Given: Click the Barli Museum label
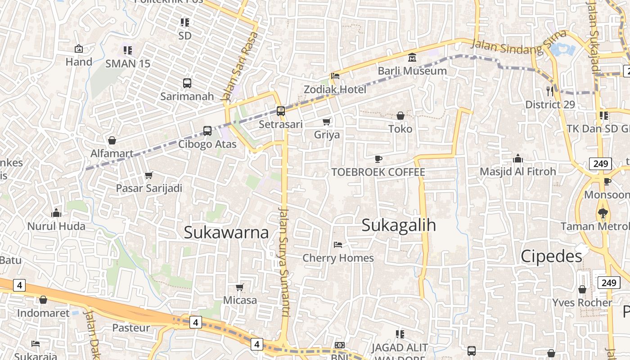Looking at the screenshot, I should [x=412, y=71].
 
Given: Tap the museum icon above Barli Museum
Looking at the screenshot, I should [x=412, y=58].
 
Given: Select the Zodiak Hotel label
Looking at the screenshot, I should [x=335, y=89].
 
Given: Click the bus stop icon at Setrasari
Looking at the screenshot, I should [x=281, y=111].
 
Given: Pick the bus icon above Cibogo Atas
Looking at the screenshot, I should [x=207, y=131].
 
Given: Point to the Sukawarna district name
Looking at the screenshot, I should [x=226, y=232].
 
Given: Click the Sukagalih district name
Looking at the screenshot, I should [x=399, y=225].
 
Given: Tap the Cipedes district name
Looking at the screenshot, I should [x=551, y=256].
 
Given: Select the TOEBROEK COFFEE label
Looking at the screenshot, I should [x=378, y=172].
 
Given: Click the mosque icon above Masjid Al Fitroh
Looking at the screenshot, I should [x=518, y=158].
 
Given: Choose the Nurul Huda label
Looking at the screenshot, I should [x=56, y=226].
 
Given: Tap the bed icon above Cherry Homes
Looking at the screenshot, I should [x=338, y=245].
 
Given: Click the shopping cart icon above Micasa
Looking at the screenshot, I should [x=240, y=287].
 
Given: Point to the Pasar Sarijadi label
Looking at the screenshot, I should [x=149, y=188].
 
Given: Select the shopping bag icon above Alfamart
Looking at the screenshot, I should [x=112, y=140].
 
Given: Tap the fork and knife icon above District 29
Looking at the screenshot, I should [x=550, y=91].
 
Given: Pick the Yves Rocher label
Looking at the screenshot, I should [x=582, y=302].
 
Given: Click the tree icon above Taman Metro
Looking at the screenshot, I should [x=603, y=213].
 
